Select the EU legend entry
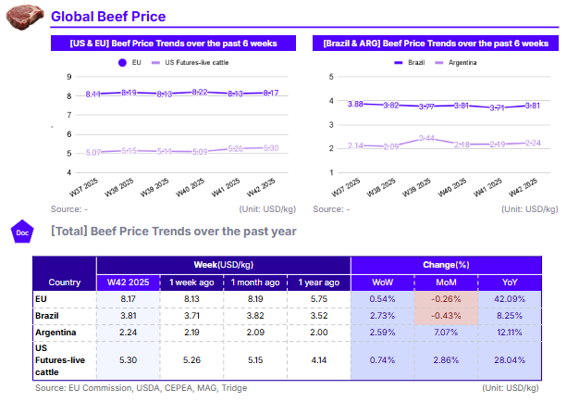(129, 62)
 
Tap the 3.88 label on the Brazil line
(356, 105)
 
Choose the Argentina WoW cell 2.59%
(382, 333)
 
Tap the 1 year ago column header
(317, 282)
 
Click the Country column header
(64, 282)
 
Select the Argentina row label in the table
(56, 333)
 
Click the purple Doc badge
(22, 232)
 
